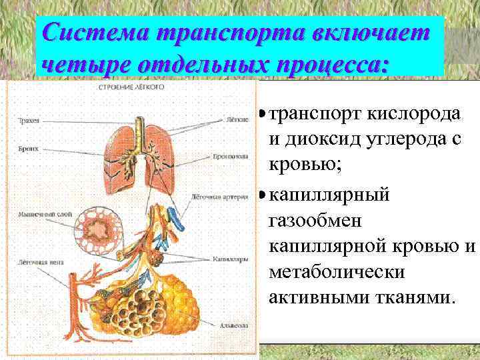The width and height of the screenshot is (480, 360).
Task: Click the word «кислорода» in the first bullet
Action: click(x=419, y=113)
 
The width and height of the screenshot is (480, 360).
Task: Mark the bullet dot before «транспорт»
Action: click(x=262, y=114)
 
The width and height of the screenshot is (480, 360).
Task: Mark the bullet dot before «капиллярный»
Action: click(x=262, y=196)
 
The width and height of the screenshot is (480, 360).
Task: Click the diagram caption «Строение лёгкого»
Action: click(x=131, y=87)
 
